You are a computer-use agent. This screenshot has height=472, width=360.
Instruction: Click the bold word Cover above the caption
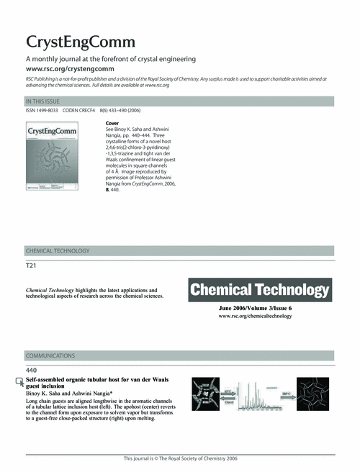coord(112,124)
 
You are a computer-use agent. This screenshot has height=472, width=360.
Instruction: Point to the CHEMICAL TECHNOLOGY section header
coord(58,251)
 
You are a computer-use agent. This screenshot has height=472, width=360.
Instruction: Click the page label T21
coord(31,265)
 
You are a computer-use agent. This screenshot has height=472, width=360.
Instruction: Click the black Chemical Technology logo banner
coord(259,291)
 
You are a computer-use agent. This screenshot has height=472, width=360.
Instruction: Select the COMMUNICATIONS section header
coord(50,355)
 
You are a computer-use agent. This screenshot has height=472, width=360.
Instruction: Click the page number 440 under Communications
coord(32,370)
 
